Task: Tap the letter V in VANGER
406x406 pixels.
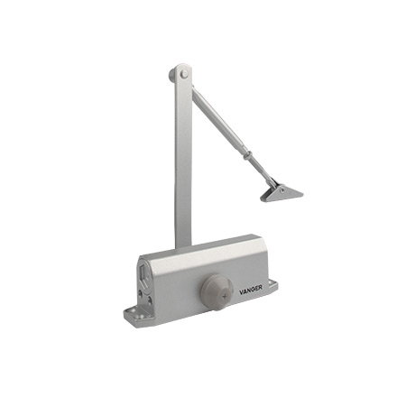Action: (x=242, y=291)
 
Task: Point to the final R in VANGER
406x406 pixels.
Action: (x=260, y=287)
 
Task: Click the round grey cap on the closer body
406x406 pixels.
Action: (x=217, y=290)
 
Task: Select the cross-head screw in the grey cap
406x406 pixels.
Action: (x=225, y=296)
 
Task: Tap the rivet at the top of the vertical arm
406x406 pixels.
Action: (x=184, y=74)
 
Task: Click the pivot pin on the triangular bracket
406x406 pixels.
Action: (x=281, y=189)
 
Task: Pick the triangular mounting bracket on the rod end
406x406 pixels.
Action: (x=281, y=193)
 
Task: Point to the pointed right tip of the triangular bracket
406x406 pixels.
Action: (x=302, y=195)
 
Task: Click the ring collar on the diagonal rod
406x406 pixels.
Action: (x=246, y=154)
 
